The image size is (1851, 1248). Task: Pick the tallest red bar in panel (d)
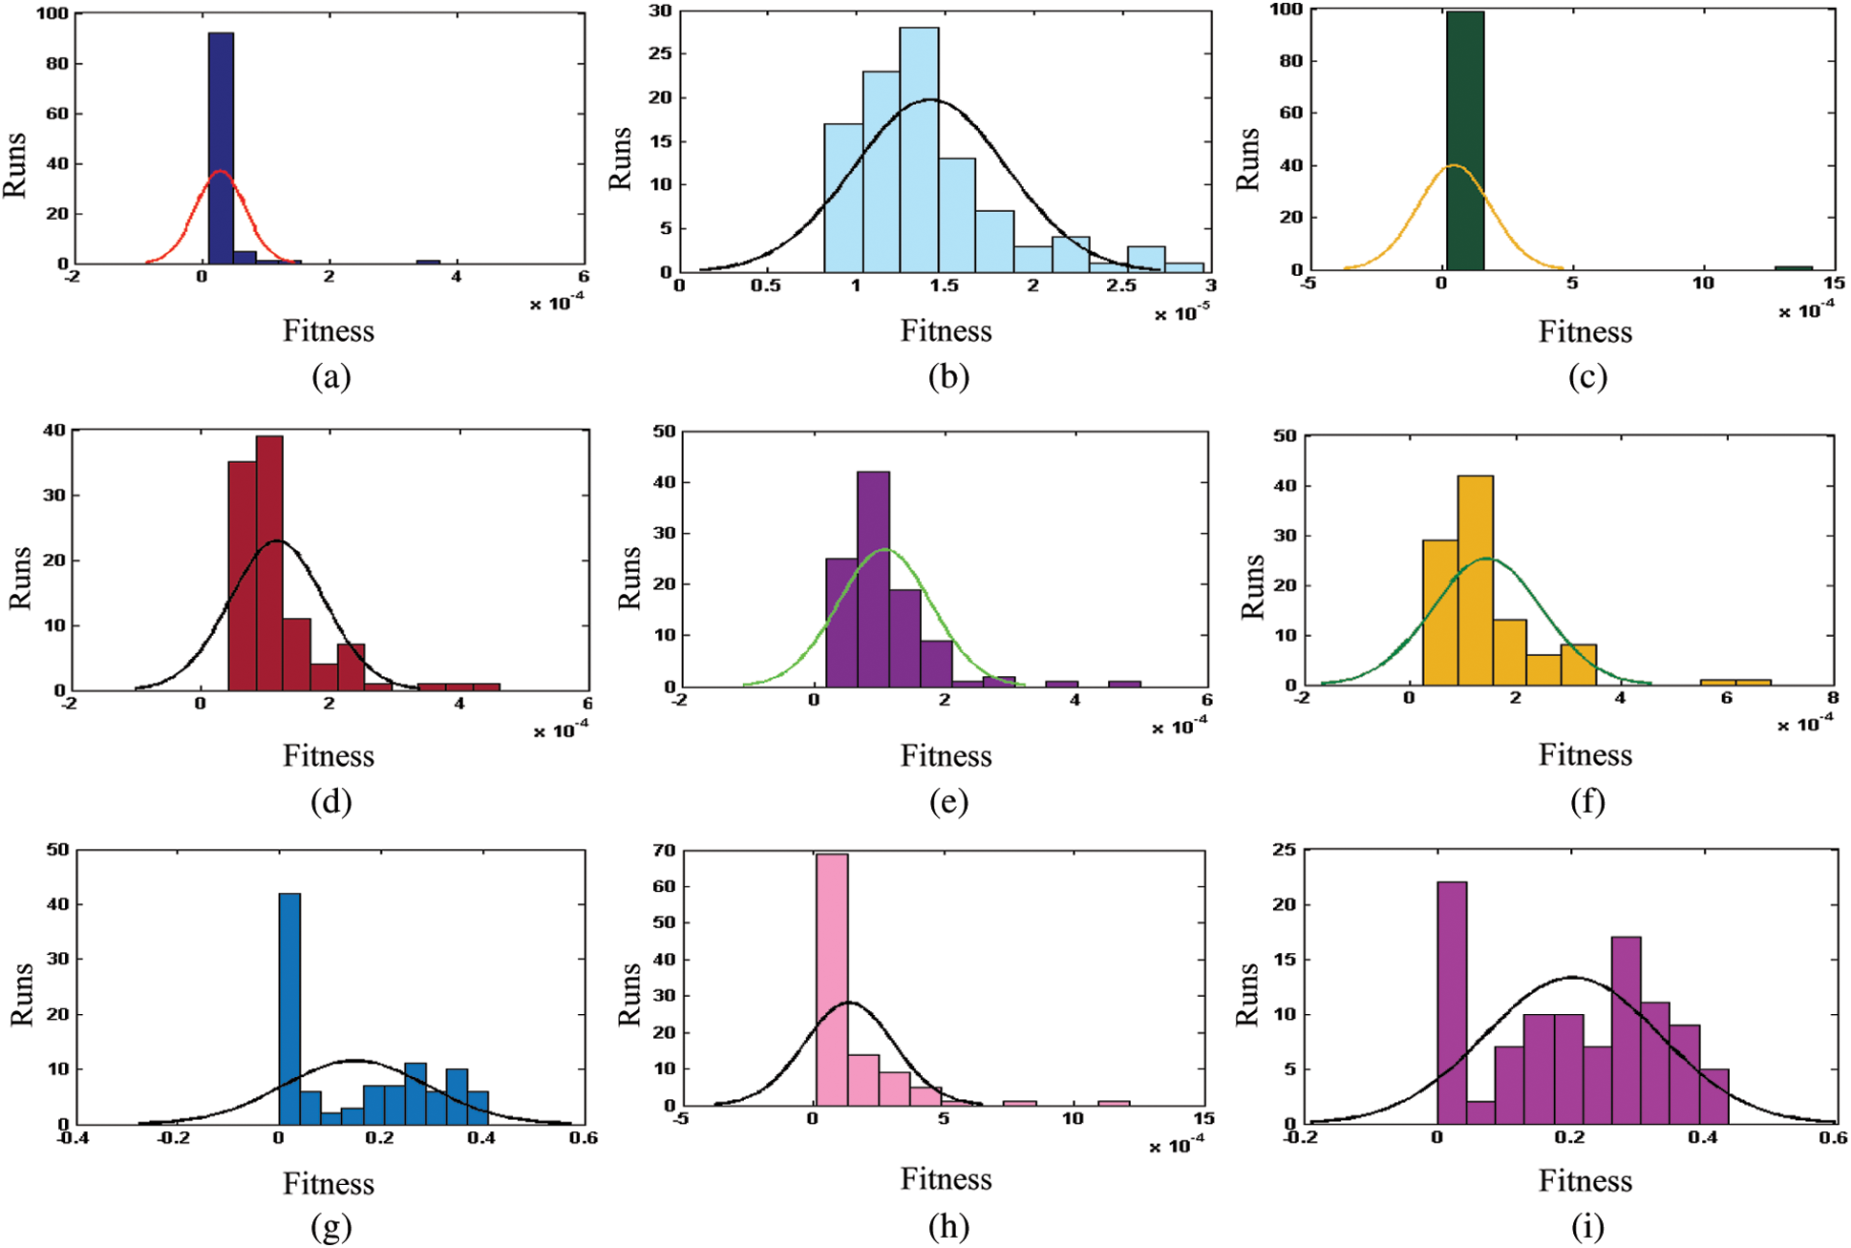coord(269,563)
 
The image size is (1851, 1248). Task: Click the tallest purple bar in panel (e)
coord(873,579)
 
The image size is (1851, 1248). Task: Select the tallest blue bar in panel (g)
coord(288,1008)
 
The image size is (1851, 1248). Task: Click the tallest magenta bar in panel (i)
coord(1452,1003)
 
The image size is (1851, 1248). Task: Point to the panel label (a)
coord(330,377)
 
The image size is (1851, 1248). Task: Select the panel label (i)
coord(1586,1226)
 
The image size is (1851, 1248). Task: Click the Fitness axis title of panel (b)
coord(946,331)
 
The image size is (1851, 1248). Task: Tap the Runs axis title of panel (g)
coord(21,994)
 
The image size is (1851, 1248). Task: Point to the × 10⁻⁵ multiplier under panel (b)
coord(1181,313)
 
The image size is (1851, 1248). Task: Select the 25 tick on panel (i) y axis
coord(1283,849)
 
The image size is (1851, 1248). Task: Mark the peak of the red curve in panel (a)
coord(221,172)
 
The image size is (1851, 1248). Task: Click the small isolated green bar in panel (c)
coord(1793,267)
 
